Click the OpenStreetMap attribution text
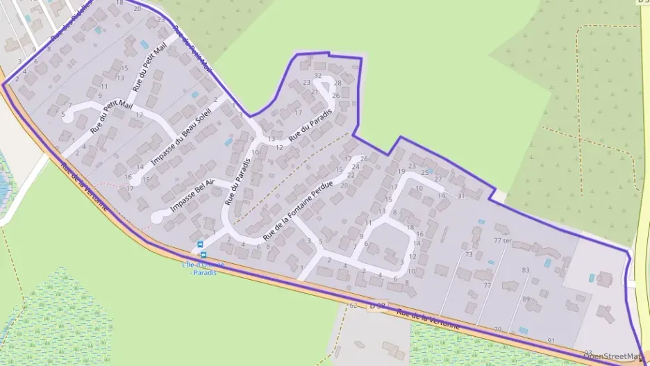pyautogui.click(x=612, y=356)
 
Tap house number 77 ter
pyautogui.click(x=502, y=240)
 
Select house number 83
pyautogui.click(x=525, y=270)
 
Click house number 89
pyautogui.click(x=526, y=299)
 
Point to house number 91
pyautogui.click(x=551, y=340)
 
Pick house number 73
pyautogui.click(x=469, y=255)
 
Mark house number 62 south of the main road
pyautogui.click(x=353, y=305)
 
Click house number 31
pyautogui.click(x=460, y=196)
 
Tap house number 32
pyautogui.click(x=318, y=75)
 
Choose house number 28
pyautogui.click(x=337, y=83)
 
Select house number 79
pyautogui.click(x=497, y=329)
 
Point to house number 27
pyautogui.click(x=437, y=179)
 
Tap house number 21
pyautogui.click(x=315, y=92)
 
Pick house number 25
pyautogui.click(x=425, y=172)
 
